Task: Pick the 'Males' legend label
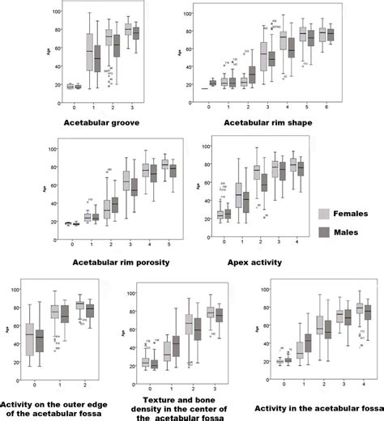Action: pos(352,232)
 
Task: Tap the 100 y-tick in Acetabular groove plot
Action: pos(54,13)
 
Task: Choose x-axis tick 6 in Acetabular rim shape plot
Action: pos(326,107)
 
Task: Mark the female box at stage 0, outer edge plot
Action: pos(31,338)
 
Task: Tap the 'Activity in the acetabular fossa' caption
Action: pos(315,409)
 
